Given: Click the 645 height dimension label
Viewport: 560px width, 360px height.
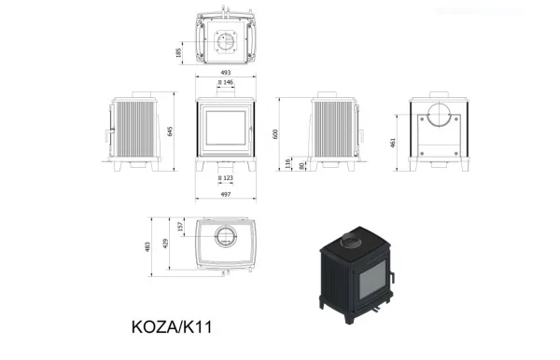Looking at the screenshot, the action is (x=170, y=131).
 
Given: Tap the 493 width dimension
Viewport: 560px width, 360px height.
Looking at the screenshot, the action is (x=226, y=73).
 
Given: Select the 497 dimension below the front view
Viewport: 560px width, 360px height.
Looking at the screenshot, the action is (x=226, y=194).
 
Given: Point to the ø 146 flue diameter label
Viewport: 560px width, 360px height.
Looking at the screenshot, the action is (x=226, y=82).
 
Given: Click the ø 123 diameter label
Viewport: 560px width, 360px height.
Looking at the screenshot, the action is (x=226, y=178).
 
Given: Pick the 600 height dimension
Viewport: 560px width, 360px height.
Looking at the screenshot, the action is (x=275, y=134).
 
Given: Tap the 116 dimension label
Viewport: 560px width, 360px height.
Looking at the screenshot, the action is (x=287, y=164).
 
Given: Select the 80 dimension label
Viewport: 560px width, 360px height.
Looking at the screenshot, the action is (x=301, y=166).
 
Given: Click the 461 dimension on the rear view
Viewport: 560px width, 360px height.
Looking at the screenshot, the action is (x=393, y=143).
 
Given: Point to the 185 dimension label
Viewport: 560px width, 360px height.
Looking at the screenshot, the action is (x=178, y=53).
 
